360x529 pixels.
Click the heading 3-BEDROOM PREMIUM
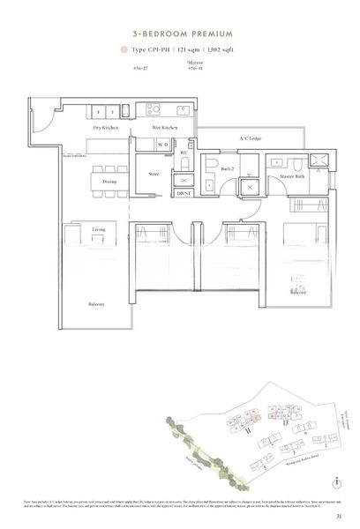coord(180,28)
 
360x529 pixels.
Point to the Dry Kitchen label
coord(107,129)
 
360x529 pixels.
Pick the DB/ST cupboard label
coord(182,193)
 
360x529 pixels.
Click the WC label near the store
coord(184,153)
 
